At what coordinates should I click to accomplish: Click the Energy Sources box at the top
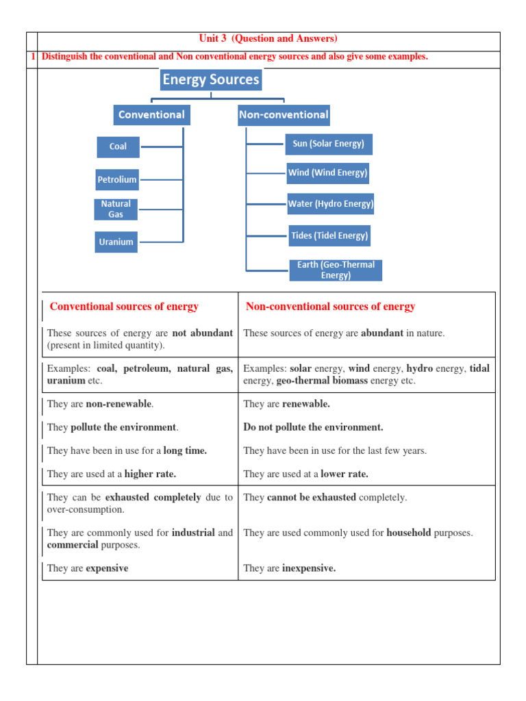(210, 79)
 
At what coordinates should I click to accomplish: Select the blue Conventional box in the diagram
(151, 114)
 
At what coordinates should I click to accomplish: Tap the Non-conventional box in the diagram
(284, 114)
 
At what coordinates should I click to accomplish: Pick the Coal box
(118, 146)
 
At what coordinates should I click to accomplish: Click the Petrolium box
(117, 179)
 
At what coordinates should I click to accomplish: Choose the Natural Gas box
(116, 209)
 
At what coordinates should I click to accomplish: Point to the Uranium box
(116, 242)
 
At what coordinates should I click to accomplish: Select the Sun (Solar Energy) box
(328, 144)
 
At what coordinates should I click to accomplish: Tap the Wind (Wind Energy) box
(327, 173)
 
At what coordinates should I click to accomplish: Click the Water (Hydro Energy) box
(330, 203)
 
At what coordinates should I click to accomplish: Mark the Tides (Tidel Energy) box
(329, 235)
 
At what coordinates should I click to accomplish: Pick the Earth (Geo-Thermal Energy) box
(336, 270)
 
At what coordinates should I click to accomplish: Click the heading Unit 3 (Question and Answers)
(268, 39)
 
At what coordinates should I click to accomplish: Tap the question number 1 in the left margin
(32, 57)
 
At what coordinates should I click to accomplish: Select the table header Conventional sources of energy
(124, 307)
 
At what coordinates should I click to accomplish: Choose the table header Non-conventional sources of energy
(330, 307)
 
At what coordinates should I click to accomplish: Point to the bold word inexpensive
(308, 568)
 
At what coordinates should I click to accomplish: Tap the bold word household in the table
(409, 533)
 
